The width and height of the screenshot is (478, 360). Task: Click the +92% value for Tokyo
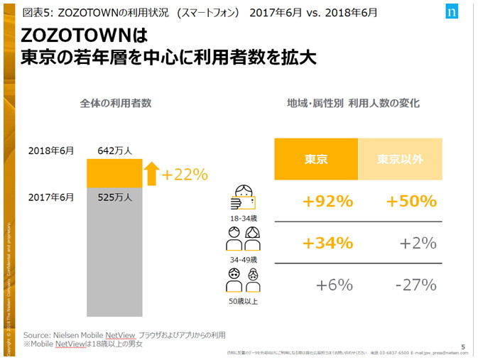point(327,201)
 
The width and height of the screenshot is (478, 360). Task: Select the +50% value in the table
point(411,201)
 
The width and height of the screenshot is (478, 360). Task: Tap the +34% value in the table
point(327,243)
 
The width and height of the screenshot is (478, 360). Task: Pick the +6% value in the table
point(334,285)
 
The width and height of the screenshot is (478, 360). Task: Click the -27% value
point(415,285)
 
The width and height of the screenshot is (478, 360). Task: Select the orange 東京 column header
point(316,159)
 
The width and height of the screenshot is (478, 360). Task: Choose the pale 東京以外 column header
point(400,159)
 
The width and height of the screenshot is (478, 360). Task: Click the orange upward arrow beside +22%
point(151,173)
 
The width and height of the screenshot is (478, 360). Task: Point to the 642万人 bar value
point(115,151)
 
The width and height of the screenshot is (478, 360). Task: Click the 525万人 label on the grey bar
point(115,197)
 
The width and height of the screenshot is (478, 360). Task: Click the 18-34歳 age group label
point(243,218)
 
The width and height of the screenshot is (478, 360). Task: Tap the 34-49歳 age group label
point(243,260)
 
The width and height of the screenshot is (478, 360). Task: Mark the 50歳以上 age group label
point(243,302)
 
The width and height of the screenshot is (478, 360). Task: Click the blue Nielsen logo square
point(452,13)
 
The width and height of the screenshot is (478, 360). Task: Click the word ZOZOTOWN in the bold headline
point(78,36)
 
